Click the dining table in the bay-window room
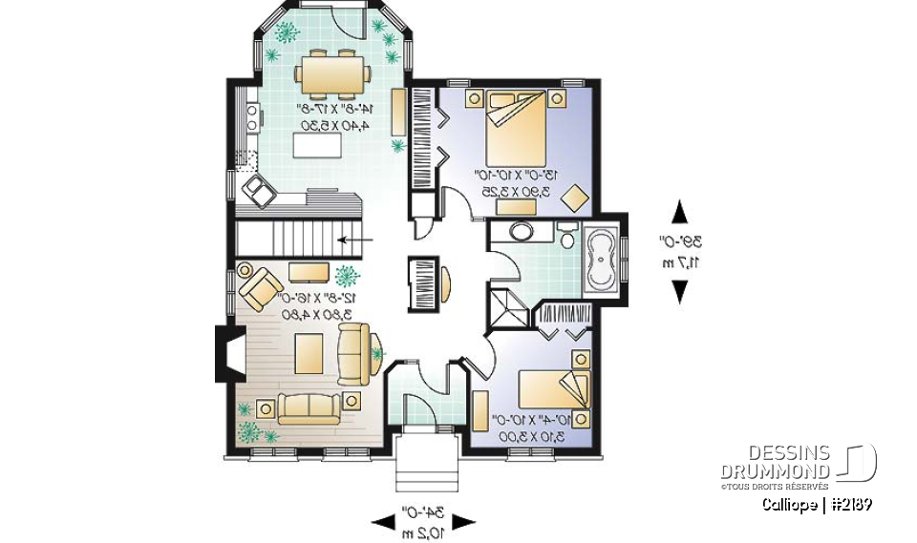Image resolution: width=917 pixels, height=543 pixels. (331, 73)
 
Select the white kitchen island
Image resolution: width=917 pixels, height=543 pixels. (321, 146)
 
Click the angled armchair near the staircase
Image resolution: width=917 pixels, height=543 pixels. (258, 283)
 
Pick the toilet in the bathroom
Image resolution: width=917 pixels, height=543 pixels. (567, 237)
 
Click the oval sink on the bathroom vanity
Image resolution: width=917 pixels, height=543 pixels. (522, 232)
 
